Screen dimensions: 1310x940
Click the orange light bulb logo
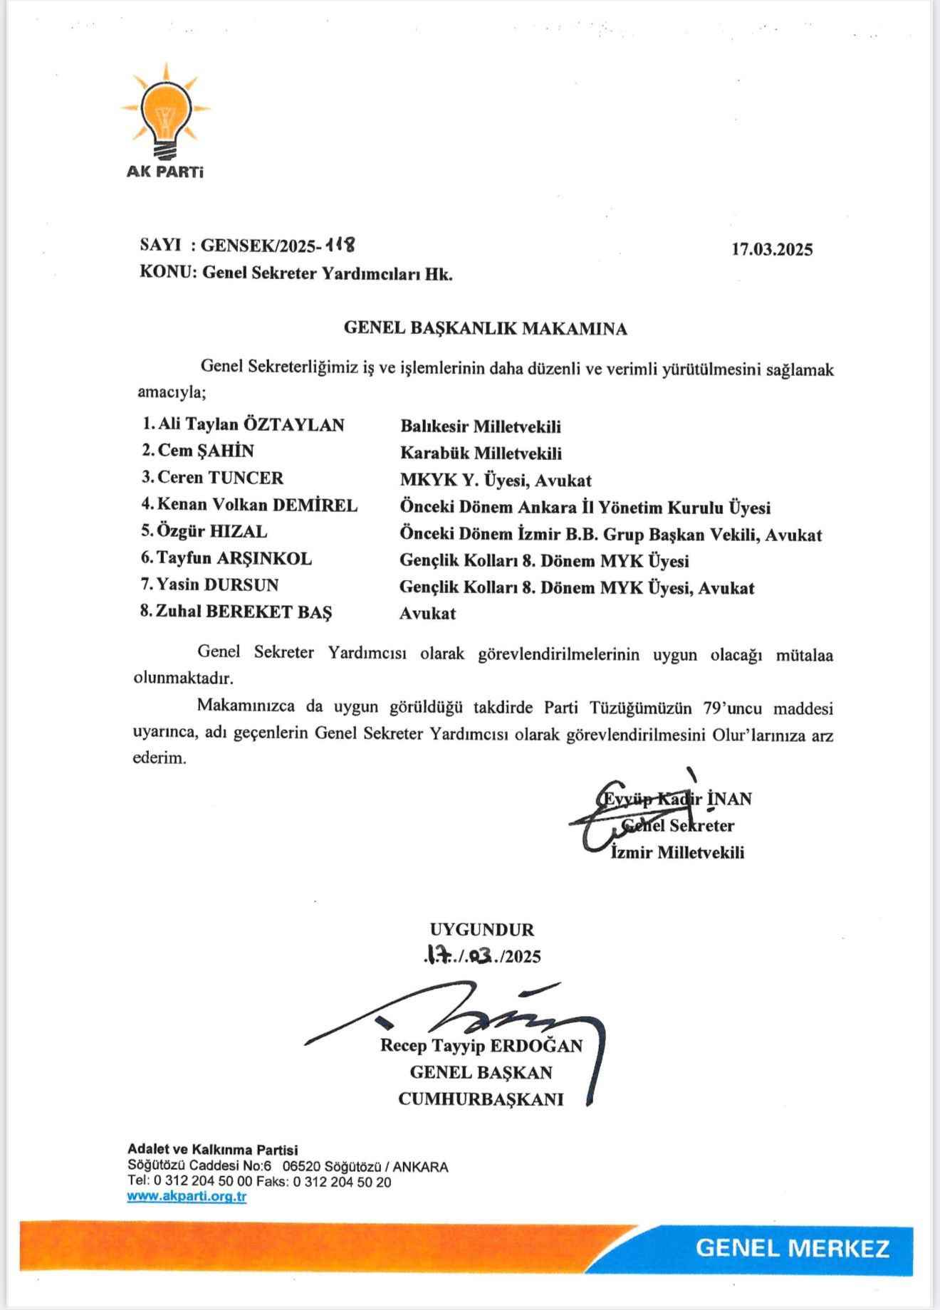point(165,112)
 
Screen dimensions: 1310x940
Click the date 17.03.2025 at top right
point(772,249)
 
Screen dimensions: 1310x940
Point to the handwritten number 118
point(340,245)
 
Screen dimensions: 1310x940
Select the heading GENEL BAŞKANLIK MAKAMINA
point(485,328)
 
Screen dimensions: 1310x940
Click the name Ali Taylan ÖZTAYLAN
point(251,425)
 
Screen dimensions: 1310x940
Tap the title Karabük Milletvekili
point(481,453)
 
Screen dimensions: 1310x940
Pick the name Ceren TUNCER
point(220,478)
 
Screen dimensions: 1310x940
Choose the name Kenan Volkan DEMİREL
point(257,505)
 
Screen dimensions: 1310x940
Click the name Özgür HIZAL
point(212,531)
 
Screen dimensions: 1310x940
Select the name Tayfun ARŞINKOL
point(234,558)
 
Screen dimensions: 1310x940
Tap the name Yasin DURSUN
point(217,585)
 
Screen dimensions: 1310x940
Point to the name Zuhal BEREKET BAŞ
point(244,612)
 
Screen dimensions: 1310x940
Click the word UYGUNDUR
point(482,929)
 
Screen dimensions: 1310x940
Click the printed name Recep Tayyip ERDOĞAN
point(481,1045)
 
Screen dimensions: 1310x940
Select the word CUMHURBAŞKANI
point(481,1099)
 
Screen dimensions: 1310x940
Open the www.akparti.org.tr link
point(187,1196)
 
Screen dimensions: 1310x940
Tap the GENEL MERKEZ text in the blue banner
point(792,1247)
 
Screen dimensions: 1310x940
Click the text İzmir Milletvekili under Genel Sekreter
point(678,852)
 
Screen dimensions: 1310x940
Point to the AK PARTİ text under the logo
point(164,172)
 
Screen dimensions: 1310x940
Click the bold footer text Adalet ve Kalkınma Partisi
point(212,1149)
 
